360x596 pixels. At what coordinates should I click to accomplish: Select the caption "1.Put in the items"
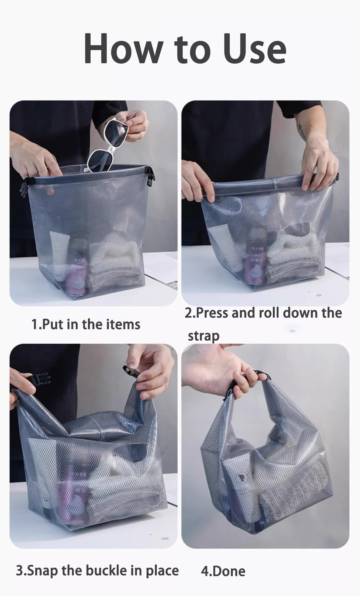(x=86, y=324)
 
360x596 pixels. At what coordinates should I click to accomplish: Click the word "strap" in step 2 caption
(x=204, y=336)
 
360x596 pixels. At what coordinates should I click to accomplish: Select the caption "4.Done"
(x=223, y=571)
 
